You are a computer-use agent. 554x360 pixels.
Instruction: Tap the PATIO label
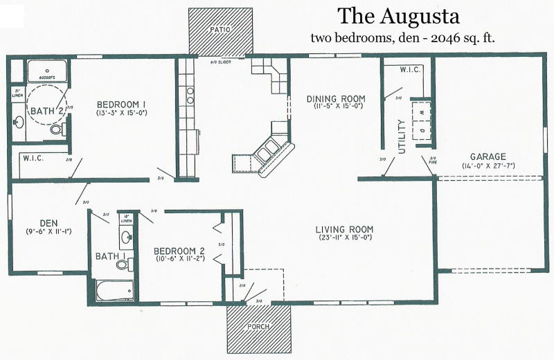coord(220,30)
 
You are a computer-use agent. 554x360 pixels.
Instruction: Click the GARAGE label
coord(488,156)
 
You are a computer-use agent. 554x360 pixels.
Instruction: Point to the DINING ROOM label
coord(336,98)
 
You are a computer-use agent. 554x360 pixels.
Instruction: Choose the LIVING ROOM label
coord(344,230)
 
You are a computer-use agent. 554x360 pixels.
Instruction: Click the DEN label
coord(48,223)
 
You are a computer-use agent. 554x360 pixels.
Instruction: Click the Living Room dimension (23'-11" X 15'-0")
coord(344,239)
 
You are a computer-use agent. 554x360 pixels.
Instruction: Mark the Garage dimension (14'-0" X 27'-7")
coord(488,165)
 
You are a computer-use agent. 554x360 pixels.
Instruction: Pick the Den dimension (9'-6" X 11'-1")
coord(48,231)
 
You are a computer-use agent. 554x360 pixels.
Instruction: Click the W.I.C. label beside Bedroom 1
coord(33,158)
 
